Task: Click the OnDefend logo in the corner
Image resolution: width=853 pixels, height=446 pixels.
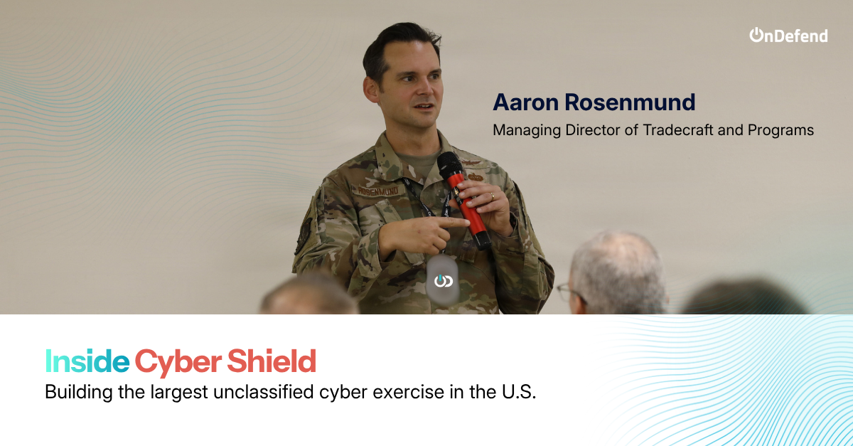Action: click(x=788, y=35)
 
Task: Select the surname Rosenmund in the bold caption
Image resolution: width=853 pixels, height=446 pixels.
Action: click(x=630, y=102)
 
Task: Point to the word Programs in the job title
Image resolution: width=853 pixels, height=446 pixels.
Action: click(x=780, y=131)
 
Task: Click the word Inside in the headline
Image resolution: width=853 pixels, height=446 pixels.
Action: click(x=87, y=361)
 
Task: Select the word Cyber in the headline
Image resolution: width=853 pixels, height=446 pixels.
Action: click(x=178, y=362)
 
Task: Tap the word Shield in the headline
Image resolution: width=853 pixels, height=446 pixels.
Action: click(x=272, y=361)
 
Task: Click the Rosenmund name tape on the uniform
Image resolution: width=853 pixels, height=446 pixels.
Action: click(x=377, y=191)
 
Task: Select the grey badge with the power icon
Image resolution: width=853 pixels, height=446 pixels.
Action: click(x=442, y=280)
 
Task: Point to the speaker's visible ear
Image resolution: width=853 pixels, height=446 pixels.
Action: click(x=371, y=90)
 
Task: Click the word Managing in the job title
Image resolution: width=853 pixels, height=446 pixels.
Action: click(x=527, y=131)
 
